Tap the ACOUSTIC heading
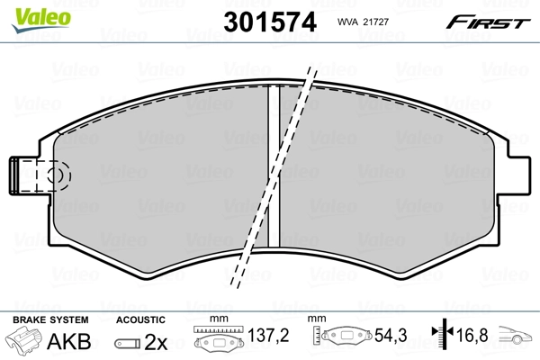(x=140, y=319)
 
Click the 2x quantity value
(x=157, y=342)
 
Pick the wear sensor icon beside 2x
(x=128, y=343)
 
